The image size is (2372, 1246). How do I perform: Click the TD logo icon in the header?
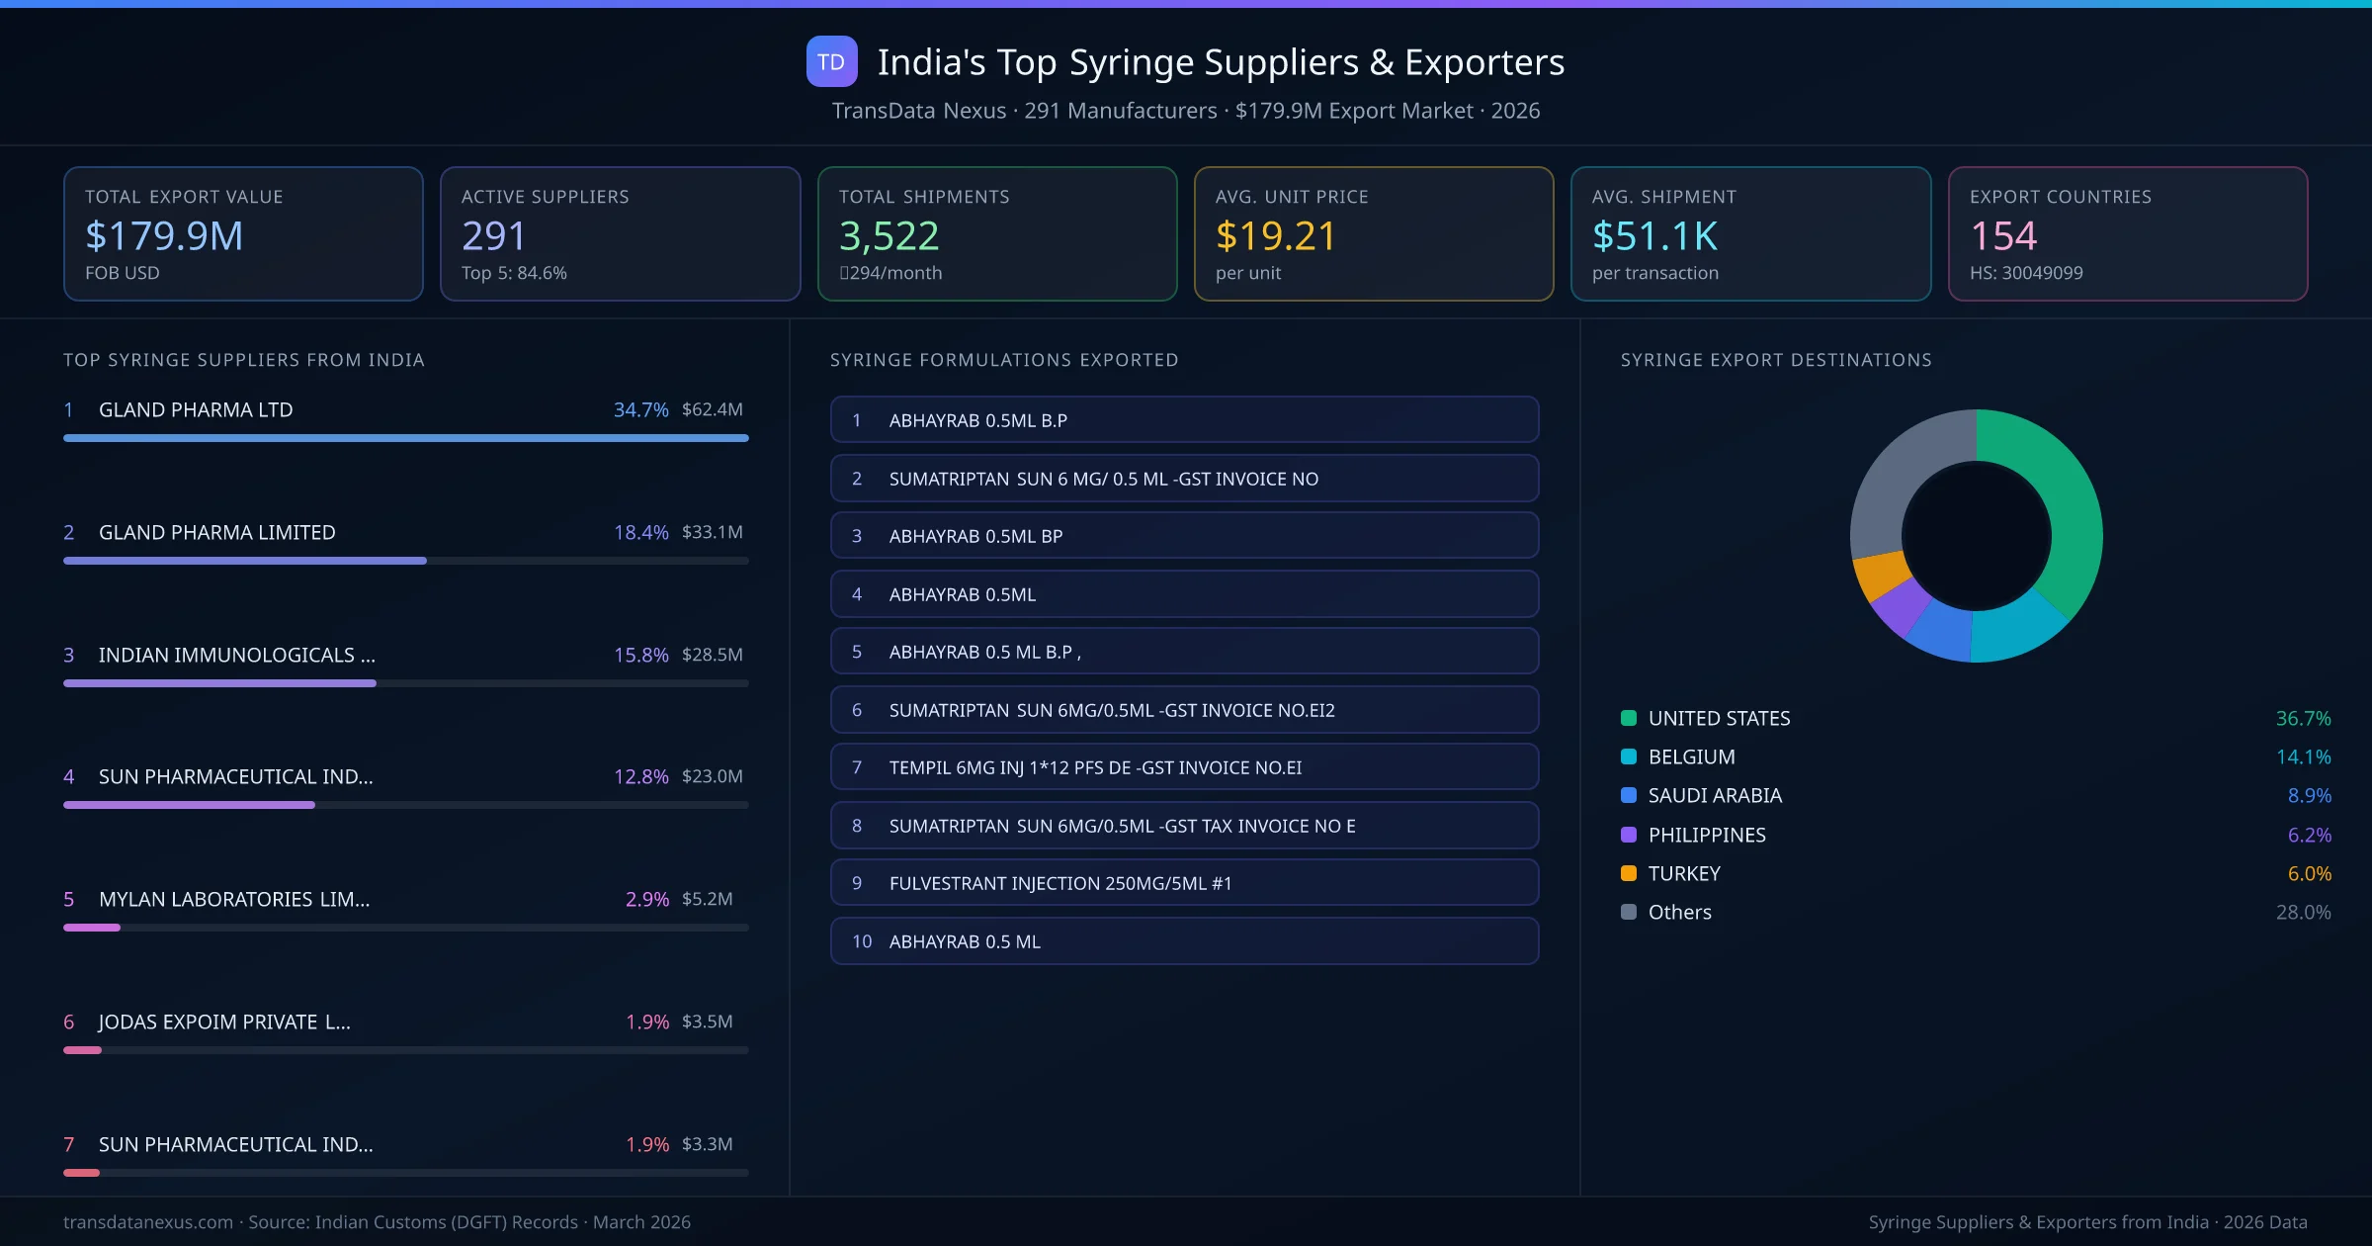tap(831, 62)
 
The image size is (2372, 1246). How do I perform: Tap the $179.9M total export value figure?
tap(164, 236)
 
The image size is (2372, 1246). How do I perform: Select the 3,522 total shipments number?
tap(889, 236)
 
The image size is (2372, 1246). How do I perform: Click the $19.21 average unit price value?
tap(1275, 236)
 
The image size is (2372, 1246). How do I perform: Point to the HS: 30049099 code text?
tap(2025, 273)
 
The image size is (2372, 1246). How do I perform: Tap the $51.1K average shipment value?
tap(1654, 236)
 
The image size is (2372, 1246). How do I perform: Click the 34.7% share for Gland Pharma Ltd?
tap(640, 409)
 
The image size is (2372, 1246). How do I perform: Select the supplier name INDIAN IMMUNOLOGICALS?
tap(236, 655)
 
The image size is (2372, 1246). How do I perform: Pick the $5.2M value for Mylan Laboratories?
tap(707, 899)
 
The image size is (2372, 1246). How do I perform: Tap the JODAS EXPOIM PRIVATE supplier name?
tap(224, 1022)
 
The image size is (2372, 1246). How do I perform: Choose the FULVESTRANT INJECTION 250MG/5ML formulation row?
tap(1184, 883)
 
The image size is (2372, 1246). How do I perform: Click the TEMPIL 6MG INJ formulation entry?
tap(1184, 767)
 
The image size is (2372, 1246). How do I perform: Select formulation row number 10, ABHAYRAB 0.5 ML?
tap(1184, 941)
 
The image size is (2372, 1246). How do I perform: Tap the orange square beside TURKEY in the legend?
tap(1629, 873)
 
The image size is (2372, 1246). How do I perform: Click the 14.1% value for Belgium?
tap(2303, 757)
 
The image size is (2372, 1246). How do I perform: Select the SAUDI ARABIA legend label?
tap(1715, 796)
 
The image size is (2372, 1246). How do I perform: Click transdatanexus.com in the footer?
tap(148, 1222)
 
